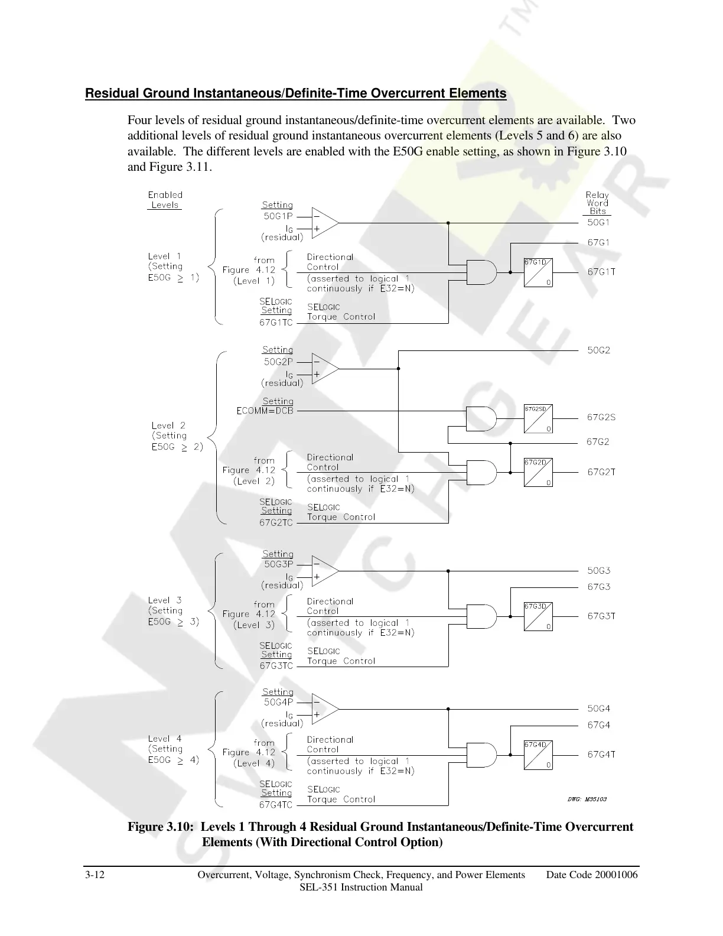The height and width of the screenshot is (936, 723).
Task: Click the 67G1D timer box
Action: pos(538,272)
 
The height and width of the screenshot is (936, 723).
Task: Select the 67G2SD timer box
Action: pos(538,418)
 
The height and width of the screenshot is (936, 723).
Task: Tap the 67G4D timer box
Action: pos(538,755)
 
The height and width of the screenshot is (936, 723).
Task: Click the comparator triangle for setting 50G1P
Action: pos(324,223)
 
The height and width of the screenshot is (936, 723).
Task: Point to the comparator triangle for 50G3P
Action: pos(324,571)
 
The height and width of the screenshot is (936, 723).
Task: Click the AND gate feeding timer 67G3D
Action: pos(481,616)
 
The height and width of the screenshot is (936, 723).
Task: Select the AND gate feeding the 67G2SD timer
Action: pos(481,418)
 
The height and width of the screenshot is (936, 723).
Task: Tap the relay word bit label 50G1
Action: pos(598,223)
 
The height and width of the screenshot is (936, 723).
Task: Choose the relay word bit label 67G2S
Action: pos(601,417)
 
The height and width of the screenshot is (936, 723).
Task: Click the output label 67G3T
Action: pos(601,616)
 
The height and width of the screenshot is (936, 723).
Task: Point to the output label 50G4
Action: pos(598,708)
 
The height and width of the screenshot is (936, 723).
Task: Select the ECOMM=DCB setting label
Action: pos(265,411)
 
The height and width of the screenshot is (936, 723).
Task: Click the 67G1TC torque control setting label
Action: pos(276,323)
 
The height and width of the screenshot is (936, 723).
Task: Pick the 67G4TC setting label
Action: pos(276,805)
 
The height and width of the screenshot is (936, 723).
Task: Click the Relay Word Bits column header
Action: pos(597,203)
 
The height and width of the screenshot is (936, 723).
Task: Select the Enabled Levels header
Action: pos(165,200)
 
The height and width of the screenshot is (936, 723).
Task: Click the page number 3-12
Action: pos(95,875)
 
